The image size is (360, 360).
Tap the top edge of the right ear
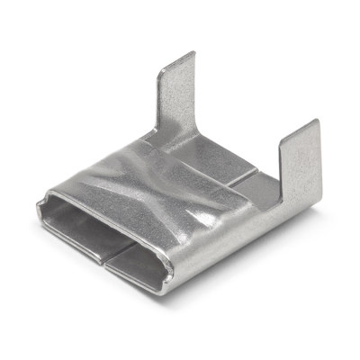(301, 125)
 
